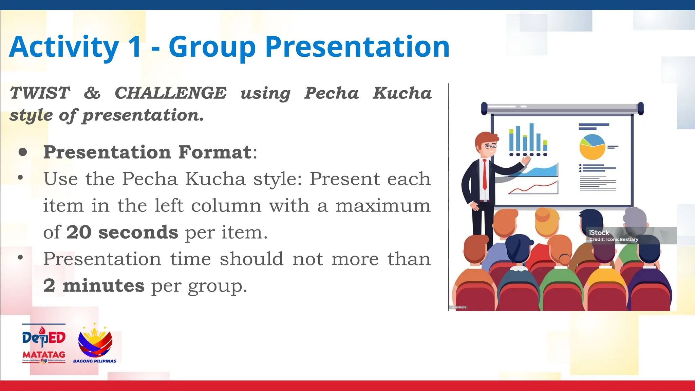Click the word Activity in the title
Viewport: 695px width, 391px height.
click(x=64, y=48)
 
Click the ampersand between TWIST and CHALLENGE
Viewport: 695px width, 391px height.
click(x=92, y=93)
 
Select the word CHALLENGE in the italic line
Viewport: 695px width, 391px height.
click(x=170, y=93)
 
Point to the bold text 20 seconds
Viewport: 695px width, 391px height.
click(x=122, y=232)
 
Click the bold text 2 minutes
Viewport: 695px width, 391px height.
click(x=94, y=285)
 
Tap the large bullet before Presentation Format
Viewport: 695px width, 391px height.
click(x=23, y=152)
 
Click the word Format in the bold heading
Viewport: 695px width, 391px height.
click(x=215, y=152)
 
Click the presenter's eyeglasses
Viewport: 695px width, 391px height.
click(x=490, y=146)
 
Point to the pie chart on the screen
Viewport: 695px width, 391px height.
click(x=592, y=147)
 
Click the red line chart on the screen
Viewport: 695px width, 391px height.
click(x=533, y=188)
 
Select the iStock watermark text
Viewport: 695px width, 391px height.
click(x=599, y=232)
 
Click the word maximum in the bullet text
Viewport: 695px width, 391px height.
click(x=383, y=206)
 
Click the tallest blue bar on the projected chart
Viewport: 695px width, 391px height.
click(x=532, y=137)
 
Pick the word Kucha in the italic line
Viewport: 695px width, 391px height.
click(x=402, y=93)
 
